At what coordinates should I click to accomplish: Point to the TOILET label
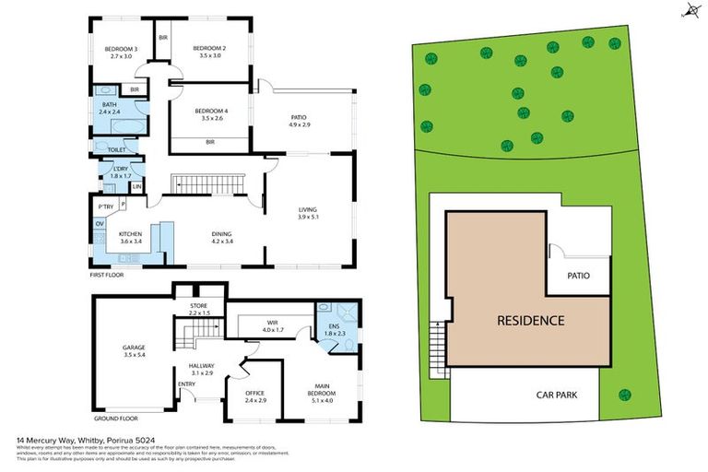click(x=116, y=149)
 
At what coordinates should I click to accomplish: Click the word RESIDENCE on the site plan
click(x=530, y=321)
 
